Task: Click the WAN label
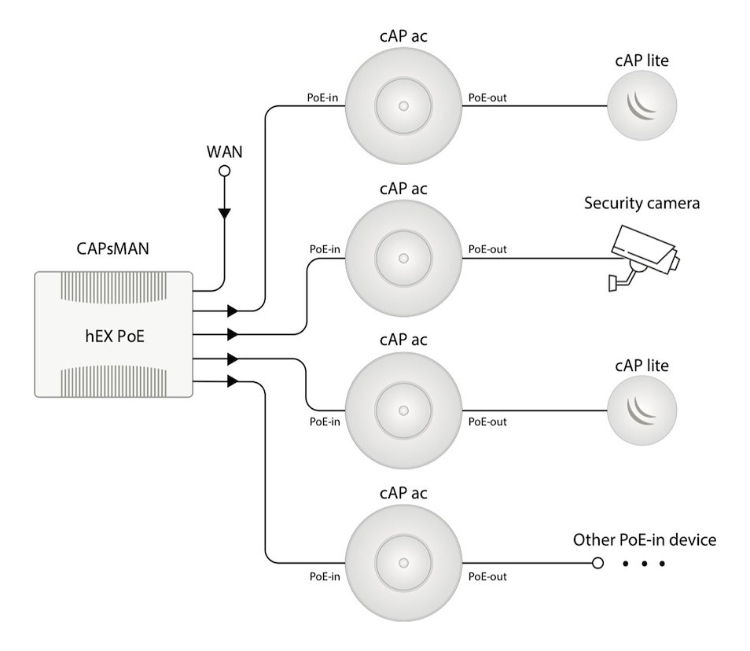click(x=224, y=151)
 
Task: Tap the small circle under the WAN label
click(x=224, y=171)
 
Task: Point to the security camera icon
click(x=645, y=256)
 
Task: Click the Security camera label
click(x=642, y=204)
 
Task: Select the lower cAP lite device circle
click(x=642, y=410)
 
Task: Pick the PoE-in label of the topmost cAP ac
click(x=323, y=96)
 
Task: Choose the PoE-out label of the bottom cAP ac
click(x=487, y=576)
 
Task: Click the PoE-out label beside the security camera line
click(x=487, y=249)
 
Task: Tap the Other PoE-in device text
click(x=645, y=540)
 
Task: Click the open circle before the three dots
click(x=597, y=563)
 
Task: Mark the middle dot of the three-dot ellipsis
click(x=645, y=564)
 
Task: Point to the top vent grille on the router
click(x=113, y=291)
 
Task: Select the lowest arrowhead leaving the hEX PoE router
click(x=232, y=382)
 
